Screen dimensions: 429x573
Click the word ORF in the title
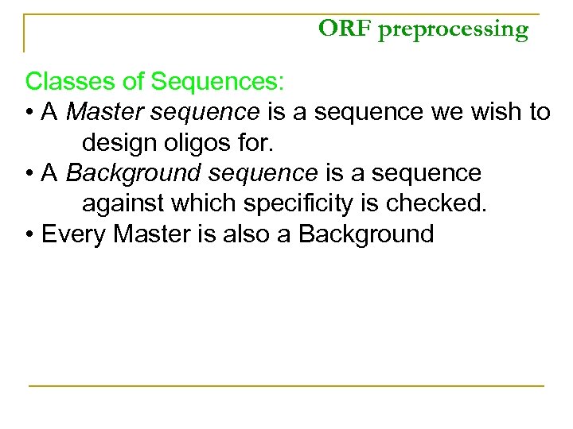coord(335,29)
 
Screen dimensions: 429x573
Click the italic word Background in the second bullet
coord(134,173)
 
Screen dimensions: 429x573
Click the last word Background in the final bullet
coord(367,235)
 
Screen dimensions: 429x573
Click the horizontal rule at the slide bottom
coord(286,386)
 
